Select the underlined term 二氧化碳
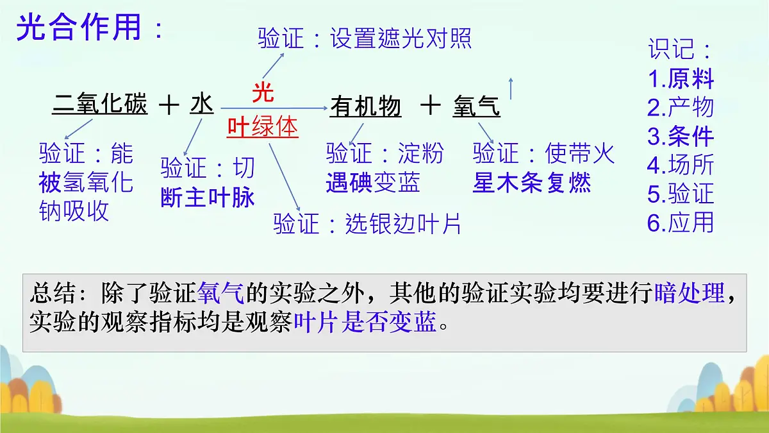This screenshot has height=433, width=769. [x=100, y=104]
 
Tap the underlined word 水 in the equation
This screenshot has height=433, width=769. [x=201, y=104]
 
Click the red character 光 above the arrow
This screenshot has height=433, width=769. [x=263, y=92]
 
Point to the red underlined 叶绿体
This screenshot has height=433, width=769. [x=263, y=127]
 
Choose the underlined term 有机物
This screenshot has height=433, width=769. [x=365, y=106]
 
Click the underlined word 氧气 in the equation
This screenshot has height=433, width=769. [x=476, y=106]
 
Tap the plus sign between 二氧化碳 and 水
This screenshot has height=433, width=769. [x=169, y=105]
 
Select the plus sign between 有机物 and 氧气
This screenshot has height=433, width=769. [x=431, y=105]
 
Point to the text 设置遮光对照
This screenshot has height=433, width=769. [x=401, y=39]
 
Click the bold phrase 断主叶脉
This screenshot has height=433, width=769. [x=208, y=198]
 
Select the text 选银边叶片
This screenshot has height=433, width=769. [x=403, y=224]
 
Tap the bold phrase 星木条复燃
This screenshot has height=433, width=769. [x=532, y=183]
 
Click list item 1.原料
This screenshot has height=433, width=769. [x=681, y=79]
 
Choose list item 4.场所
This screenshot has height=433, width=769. [x=681, y=165]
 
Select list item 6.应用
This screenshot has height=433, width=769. [x=681, y=222]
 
